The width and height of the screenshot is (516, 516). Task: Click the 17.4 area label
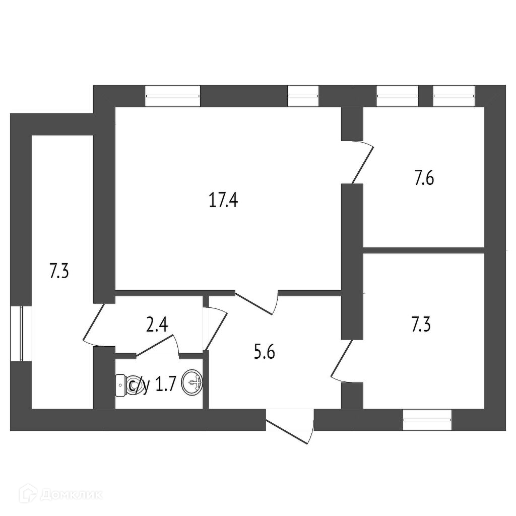[x=223, y=201]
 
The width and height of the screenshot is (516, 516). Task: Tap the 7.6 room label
[x=424, y=178]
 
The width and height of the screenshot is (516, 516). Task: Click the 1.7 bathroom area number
[x=165, y=385]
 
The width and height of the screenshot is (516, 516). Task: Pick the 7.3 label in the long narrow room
[x=58, y=272]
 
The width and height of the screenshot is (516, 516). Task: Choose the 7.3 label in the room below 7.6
[x=421, y=325]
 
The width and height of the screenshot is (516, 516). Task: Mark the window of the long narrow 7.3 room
[x=21, y=333]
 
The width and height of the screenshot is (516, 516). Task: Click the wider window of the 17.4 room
[x=172, y=96]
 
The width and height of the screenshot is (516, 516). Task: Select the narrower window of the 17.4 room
[x=303, y=96]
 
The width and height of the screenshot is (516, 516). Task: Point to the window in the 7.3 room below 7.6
[x=427, y=419]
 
